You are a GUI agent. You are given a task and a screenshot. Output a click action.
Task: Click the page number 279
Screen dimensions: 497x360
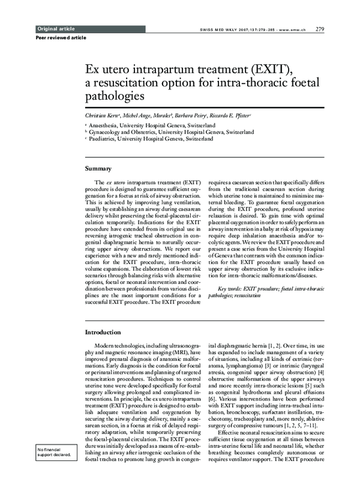pos(320,29)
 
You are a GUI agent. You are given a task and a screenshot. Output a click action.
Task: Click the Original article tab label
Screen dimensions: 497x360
pos(56,29)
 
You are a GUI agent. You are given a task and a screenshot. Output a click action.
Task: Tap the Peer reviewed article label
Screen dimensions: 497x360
pos(61,38)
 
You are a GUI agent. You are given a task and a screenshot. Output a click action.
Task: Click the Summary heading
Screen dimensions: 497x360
pos(98,169)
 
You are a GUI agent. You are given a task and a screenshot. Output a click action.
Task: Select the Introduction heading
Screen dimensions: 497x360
pos(103,332)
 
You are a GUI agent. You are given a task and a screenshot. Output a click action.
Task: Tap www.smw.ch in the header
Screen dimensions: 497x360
pos(293,29)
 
